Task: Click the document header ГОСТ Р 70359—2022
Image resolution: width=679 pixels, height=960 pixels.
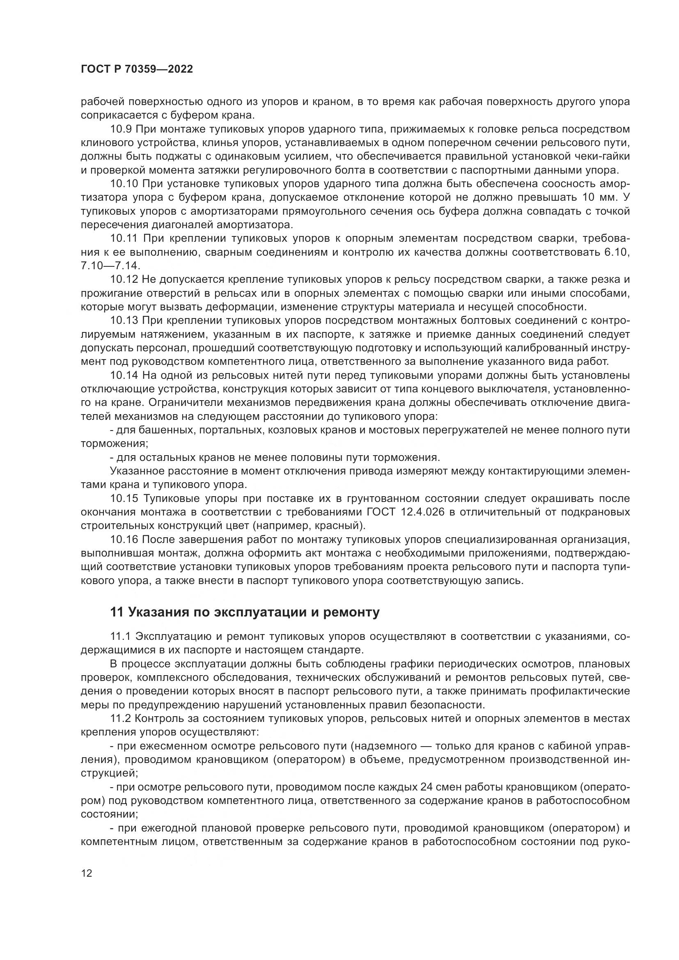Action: click(137, 69)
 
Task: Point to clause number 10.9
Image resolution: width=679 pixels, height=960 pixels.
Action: click(122, 129)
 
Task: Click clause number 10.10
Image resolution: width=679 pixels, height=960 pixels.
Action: click(125, 183)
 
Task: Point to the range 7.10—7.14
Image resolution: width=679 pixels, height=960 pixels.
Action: click(111, 266)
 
